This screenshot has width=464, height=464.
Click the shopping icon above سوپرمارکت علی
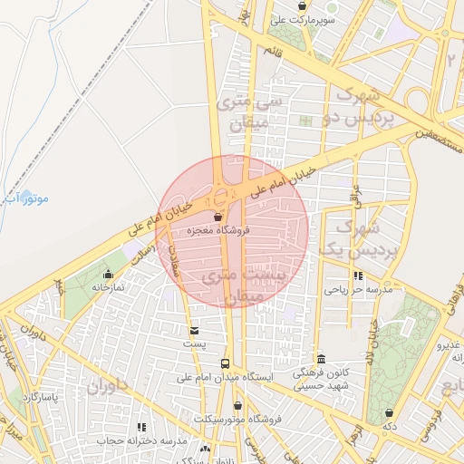[302, 6]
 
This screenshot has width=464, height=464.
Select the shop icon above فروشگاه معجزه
[217, 217]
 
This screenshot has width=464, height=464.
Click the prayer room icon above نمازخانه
[109, 274]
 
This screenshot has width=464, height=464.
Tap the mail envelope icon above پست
[194, 331]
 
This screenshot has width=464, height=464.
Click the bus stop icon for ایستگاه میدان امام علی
[225, 364]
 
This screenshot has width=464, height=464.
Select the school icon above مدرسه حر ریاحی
[359, 275]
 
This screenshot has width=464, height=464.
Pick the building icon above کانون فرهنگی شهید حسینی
[321, 359]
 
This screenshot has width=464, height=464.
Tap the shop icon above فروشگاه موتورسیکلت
[237, 406]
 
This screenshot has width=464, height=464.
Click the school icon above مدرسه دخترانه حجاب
[140, 427]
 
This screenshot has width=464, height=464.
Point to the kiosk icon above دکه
[389, 412]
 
